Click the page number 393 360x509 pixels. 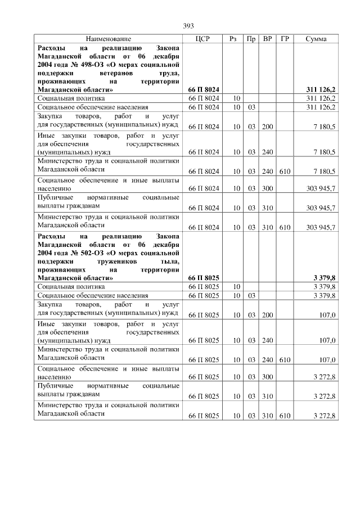point(188,26)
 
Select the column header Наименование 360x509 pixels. point(109,39)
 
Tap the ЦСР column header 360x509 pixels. point(203,39)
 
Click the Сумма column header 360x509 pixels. point(316,39)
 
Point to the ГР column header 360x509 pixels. point(285,39)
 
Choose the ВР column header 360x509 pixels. point(268,39)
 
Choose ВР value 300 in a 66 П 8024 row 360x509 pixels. point(267,190)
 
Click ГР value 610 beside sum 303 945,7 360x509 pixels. point(285,227)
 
